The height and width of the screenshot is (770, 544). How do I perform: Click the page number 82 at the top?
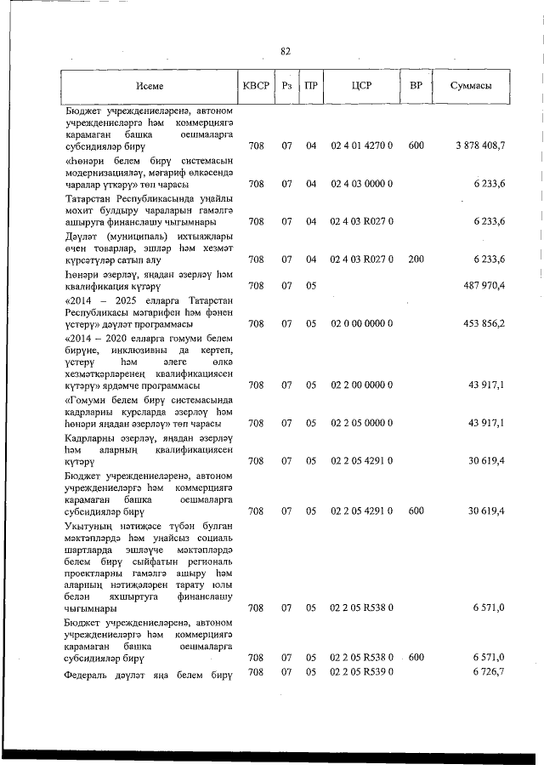click(286, 51)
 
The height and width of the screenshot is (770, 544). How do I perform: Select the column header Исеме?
click(149, 86)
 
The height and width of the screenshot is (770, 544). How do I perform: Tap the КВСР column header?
click(256, 86)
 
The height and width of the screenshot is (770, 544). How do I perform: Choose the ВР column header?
click(416, 86)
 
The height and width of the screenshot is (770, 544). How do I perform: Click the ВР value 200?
click(416, 259)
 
